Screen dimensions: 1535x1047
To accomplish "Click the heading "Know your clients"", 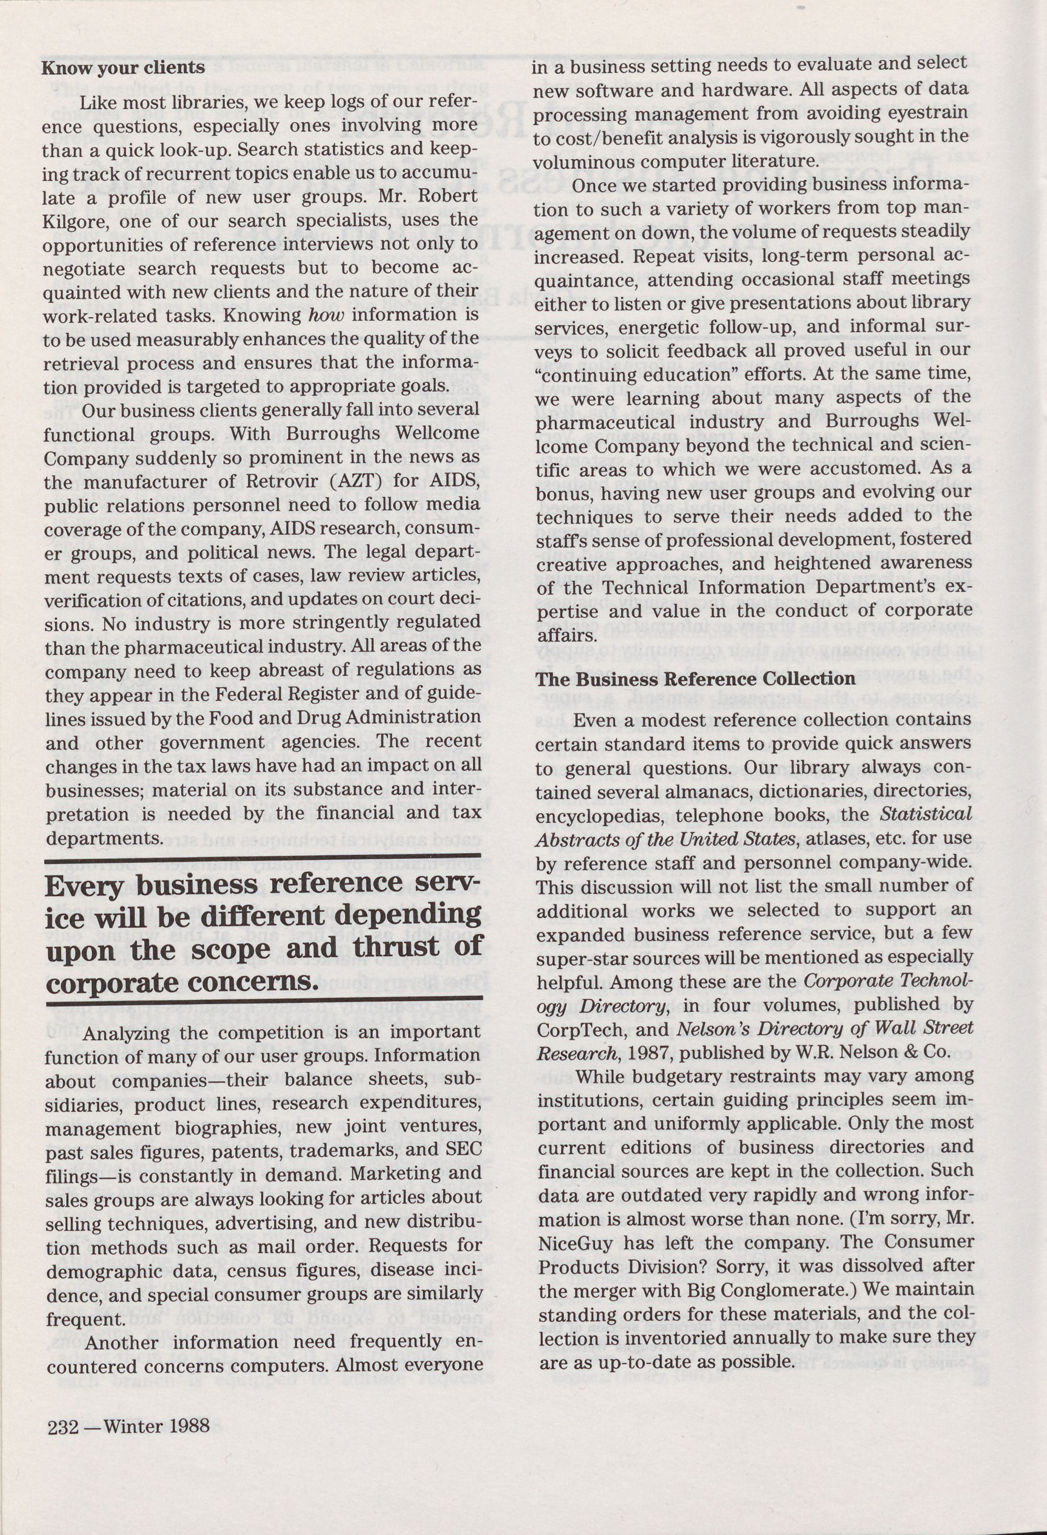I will coord(123,68).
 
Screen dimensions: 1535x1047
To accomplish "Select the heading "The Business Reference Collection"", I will coord(695,679).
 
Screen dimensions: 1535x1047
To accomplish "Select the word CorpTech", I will coord(571,1029).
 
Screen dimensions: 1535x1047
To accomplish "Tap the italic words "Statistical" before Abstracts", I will coord(926,814).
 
